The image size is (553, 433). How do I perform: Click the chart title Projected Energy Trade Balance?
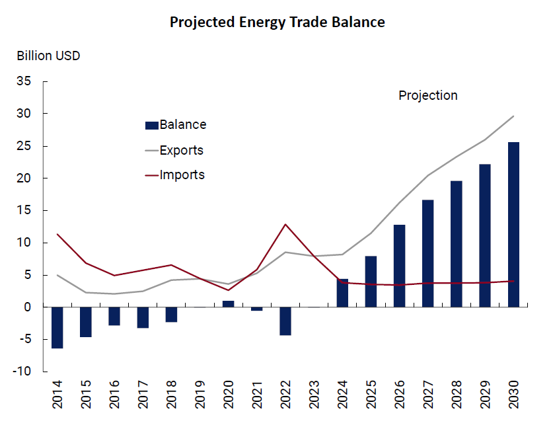277,22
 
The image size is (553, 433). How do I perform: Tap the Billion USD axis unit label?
49,56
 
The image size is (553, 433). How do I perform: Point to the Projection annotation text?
428,96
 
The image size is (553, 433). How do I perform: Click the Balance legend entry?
176,124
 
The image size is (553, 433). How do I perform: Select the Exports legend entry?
174,150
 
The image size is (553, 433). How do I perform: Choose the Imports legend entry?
175,175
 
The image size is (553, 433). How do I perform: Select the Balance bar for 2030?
513,225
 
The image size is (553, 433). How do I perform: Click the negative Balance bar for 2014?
57,327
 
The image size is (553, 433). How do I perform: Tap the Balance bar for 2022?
285,321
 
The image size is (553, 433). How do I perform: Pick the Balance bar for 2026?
399,266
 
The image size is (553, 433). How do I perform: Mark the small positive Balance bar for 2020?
228,304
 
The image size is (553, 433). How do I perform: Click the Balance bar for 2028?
457,244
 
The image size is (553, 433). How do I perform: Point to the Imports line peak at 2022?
285,225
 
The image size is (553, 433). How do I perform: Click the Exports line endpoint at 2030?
513,116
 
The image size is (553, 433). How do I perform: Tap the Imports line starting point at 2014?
57,234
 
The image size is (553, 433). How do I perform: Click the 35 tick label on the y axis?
24,81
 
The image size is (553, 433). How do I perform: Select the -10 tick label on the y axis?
22,372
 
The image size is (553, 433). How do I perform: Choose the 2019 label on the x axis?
200,394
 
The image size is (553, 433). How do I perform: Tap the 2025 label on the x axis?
371,394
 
